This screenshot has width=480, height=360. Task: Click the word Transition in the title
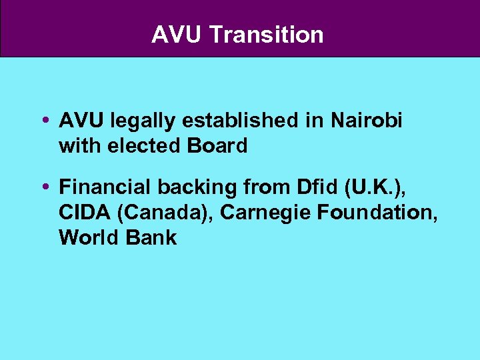coord(266,35)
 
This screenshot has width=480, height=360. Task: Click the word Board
coord(217,145)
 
